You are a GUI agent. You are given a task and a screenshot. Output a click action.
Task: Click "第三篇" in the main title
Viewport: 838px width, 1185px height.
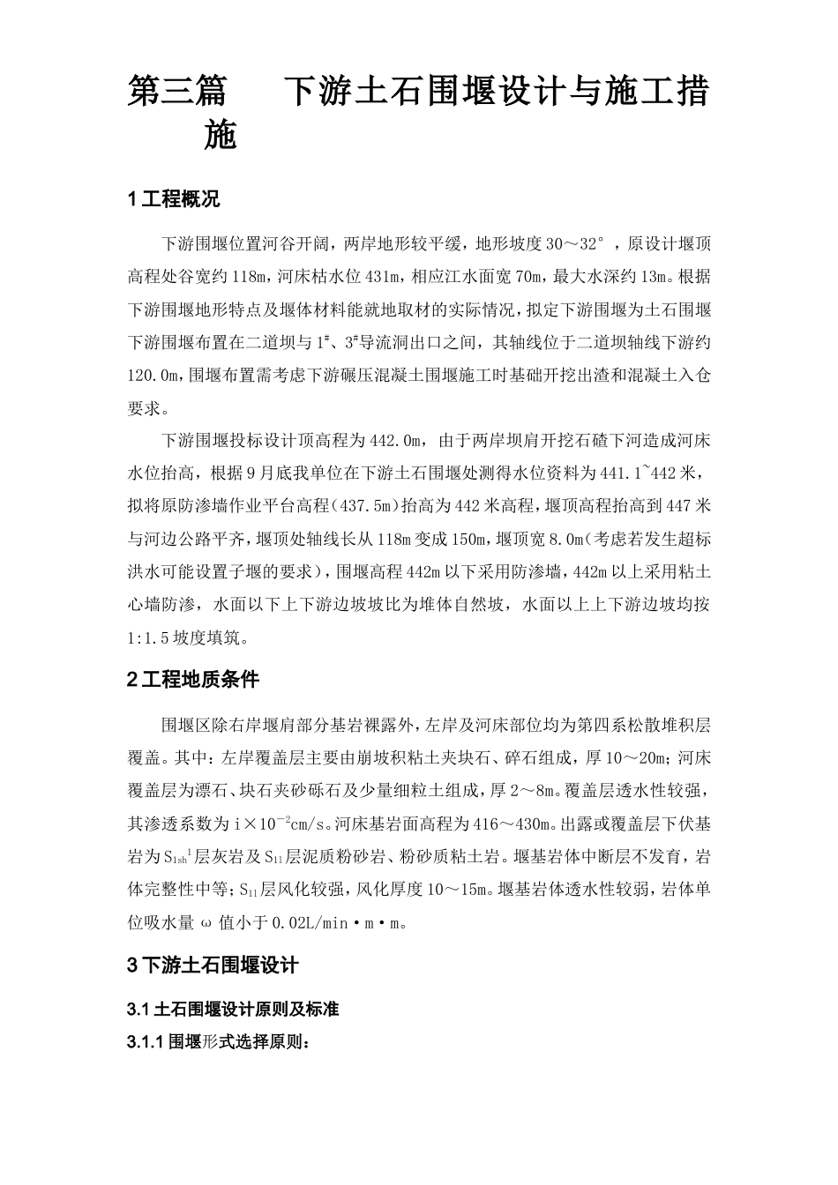176,92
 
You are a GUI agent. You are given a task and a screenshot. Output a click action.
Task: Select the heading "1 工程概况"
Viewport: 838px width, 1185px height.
174,199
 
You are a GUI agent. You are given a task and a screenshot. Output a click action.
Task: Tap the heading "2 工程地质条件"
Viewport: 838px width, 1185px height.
193,680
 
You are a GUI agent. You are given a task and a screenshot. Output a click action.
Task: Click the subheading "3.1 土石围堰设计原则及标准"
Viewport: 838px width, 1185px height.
233,1010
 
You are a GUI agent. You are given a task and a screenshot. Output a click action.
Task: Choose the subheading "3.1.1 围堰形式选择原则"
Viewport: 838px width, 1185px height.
218,1042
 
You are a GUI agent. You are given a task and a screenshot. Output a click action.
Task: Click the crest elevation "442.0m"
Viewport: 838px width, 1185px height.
397,439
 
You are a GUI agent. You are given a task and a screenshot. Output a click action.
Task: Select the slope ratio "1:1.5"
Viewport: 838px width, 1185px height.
156,637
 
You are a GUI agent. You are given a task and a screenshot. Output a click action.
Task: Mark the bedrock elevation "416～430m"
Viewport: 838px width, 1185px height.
507,825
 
